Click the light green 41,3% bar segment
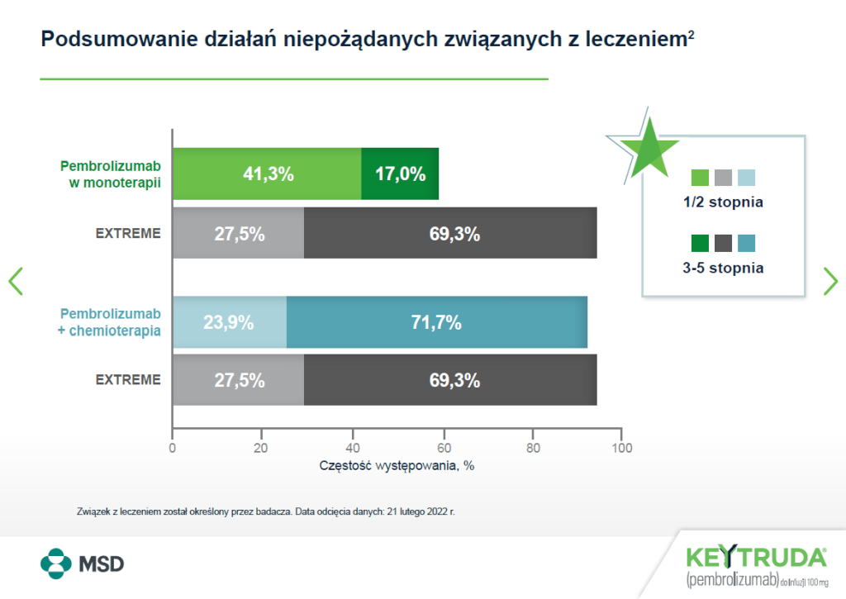pyautogui.click(x=267, y=174)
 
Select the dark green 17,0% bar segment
pyautogui.click(x=400, y=174)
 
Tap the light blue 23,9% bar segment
pyautogui.click(x=229, y=322)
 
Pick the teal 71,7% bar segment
pyautogui.click(x=436, y=322)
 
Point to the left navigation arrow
pyautogui.click(x=15, y=281)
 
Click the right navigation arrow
pyautogui.click(x=830, y=281)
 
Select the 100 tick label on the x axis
pyautogui.click(x=621, y=449)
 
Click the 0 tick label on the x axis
pyautogui.click(x=172, y=449)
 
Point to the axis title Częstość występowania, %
pyautogui.click(x=397, y=465)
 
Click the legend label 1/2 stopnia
pyautogui.click(x=723, y=202)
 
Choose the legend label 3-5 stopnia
pyautogui.click(x=723, y=268)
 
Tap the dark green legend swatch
pyautogui.click(x=700, y=243)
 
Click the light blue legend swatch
pyautogui.click(x=746, y=178)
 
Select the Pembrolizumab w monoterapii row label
pyautogui.click(x=111, y=173)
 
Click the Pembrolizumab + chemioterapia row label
pyautogui.click(x=111, y=321)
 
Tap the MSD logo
pyautogui.click(x=83, y=564)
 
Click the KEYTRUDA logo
pyautogui.click(x=756, y=555)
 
